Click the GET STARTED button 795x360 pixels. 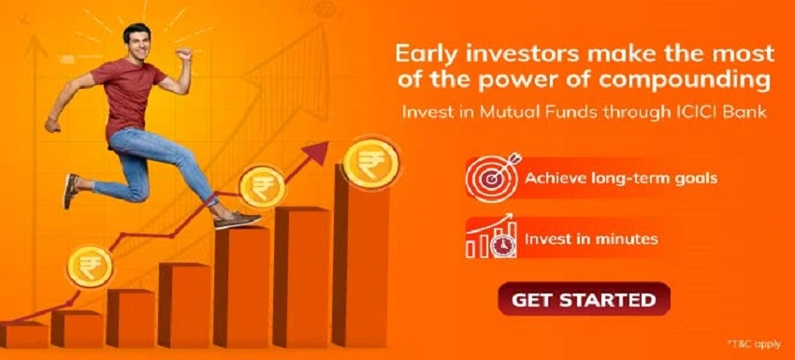point(584,300)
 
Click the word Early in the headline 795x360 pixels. point(426,50)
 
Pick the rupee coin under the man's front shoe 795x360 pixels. point(262,185)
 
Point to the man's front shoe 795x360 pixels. point(237,221)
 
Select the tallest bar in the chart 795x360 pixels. point(360,266)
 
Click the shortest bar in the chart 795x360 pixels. point(23,335)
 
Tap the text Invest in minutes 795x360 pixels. point(590,238)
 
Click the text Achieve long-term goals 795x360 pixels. point(621,178)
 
